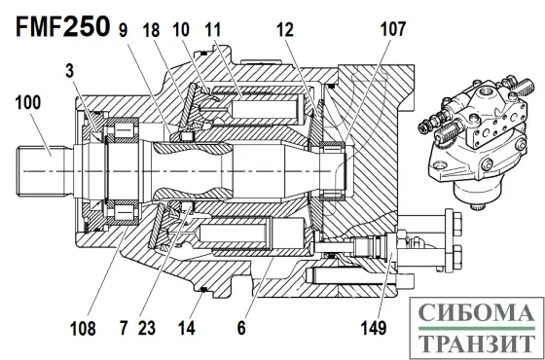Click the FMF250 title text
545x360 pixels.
coord(63,27)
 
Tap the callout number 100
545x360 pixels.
coord(28,102)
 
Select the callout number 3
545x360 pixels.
coord(69,71)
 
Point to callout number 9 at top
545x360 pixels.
coord(123,30)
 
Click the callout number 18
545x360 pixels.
coord(151,30)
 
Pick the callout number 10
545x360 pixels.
coord(181,30)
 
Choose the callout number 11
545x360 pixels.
coord(213,30)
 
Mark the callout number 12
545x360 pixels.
coord(285,30)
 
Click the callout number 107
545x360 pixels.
coord(393,29)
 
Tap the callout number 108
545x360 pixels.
coord(83,329)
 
